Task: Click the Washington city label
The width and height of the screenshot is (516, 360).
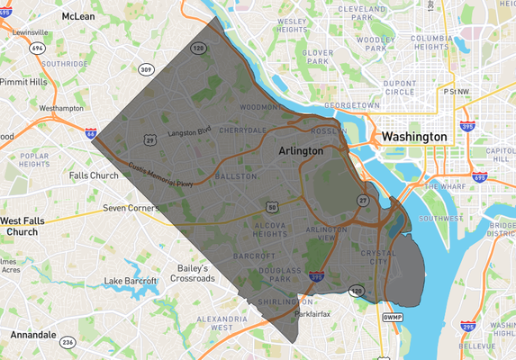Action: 413,136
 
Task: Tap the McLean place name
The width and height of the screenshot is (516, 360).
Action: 78,17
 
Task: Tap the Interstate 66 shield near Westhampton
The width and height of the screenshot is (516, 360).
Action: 92,133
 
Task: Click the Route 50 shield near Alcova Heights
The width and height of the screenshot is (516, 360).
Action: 271,208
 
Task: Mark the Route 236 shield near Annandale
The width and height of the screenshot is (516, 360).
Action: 68,343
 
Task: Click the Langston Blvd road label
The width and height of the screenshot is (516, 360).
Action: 189,131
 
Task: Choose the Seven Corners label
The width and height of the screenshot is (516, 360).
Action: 131,208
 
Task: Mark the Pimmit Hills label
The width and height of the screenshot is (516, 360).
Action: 25,81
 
